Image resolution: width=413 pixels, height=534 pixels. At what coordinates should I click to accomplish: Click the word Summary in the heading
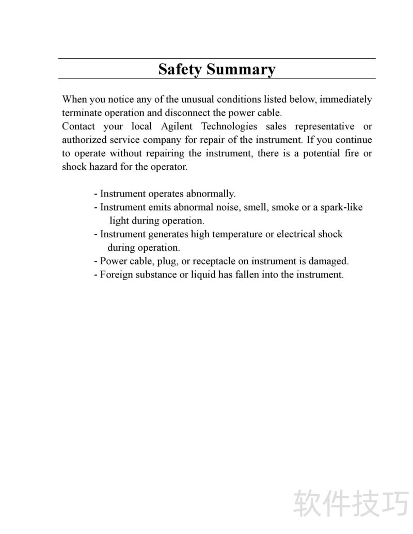pos(241,69)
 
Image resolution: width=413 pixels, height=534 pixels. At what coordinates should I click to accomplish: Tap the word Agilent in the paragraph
pos(177,126)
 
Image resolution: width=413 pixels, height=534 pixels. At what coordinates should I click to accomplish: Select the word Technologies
pos(229,126)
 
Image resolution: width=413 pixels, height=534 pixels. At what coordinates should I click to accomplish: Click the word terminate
pos(83,112)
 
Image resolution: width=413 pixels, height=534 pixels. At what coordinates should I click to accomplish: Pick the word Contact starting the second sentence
pos(78,126)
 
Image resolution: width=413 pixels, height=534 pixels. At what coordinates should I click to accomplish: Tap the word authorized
pos(84,140)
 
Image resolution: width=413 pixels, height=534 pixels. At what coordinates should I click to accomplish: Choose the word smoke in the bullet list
pos(285,207)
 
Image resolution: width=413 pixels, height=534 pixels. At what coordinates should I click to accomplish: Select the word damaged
pos(329,261)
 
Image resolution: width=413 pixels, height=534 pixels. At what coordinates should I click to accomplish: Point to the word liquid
pos(203,274)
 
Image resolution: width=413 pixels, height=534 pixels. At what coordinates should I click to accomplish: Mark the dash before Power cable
pos(96,261)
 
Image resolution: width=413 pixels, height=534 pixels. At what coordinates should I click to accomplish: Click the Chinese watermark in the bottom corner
pos(351,503)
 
